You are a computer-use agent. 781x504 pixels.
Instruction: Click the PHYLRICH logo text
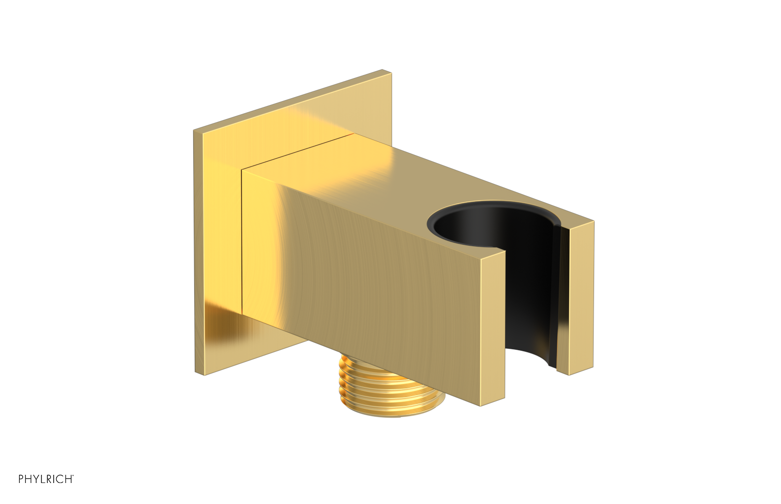(46, 479)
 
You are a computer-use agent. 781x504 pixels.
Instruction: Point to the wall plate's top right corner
(390, 73)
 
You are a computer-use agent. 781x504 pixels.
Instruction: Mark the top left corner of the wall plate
(194, 131)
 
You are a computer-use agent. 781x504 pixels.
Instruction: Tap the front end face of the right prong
(581, 298)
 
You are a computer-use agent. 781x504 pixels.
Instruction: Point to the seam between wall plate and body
(242, 239)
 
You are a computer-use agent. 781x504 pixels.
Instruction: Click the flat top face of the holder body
(390, 176)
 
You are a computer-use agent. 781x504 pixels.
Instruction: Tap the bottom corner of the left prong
(481, 405)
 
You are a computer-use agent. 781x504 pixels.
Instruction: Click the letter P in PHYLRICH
(21, 479)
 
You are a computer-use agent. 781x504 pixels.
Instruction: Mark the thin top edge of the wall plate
(293, 101)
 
